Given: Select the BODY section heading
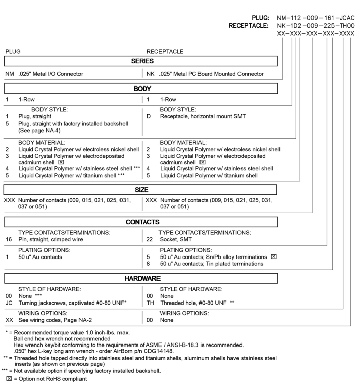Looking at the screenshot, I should coord(142,89).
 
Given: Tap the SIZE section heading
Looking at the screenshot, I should coord(142,189).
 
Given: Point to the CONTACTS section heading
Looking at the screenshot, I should coord(143,222).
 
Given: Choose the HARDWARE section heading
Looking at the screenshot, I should coord(142,279).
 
